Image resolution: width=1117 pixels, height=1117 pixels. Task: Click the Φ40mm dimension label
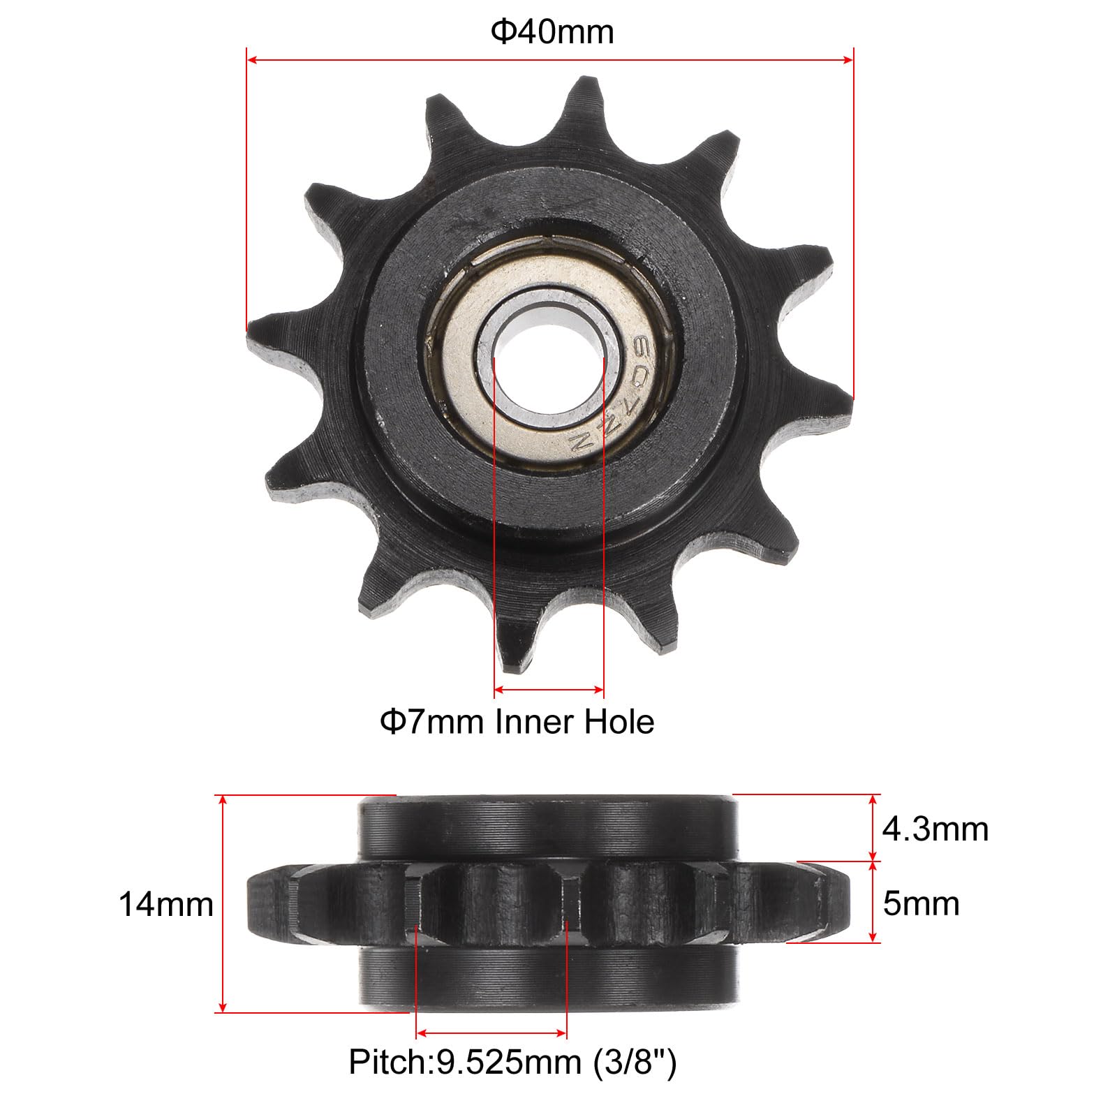[552, 33]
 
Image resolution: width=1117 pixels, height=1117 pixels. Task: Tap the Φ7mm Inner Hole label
[517, 721]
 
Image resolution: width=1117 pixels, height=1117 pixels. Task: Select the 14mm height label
[166, 904]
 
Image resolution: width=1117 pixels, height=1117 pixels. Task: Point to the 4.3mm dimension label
[935, 829]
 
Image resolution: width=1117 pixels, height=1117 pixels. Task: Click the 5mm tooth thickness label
[921, 903]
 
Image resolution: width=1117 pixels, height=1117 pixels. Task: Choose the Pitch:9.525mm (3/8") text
[512, 1062]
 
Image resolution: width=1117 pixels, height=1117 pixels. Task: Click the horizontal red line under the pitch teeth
[491, 1033]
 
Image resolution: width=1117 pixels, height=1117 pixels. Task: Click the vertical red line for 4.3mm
[873, 828]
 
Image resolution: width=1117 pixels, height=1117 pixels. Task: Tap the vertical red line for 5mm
[873, 902]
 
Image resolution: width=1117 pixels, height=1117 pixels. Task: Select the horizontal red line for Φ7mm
[549, 690]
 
